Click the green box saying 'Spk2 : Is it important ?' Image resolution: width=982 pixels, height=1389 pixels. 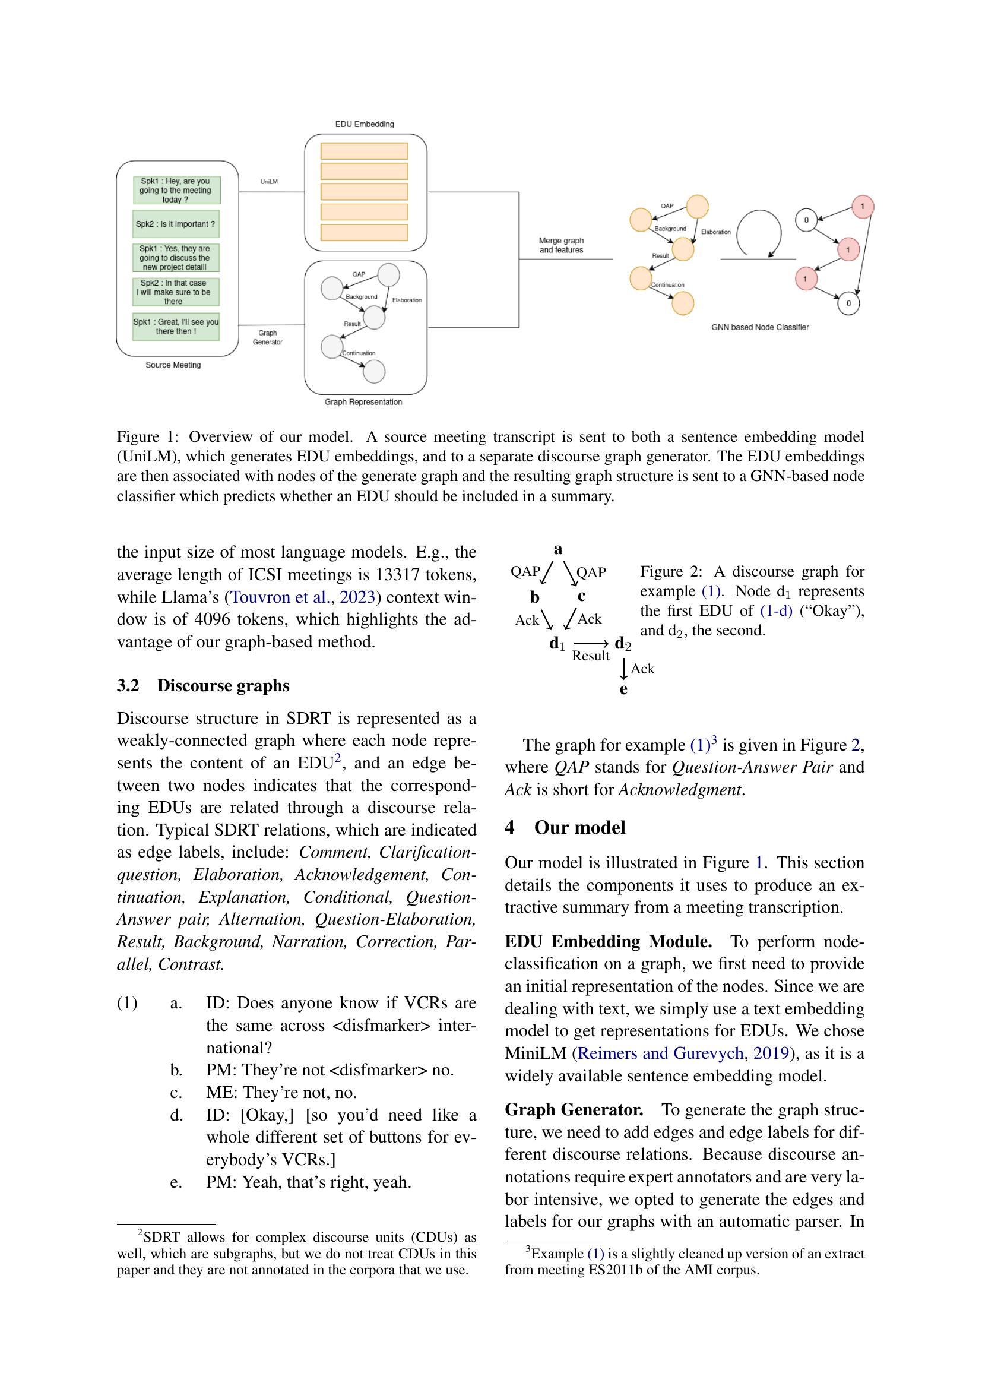(x=175, y=224)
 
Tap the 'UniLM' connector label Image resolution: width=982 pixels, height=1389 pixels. (x=269, y=182)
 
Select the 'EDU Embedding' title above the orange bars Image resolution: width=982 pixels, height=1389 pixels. (x=365, y=124)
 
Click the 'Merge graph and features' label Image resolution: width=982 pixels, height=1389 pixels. (x=561, y=245)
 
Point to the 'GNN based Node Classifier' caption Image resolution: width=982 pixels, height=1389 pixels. (x=759, y=327)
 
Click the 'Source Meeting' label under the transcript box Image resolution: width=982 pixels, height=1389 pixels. (x=173, y=365)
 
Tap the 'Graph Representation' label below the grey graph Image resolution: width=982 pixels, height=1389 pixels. (x=363, y=401)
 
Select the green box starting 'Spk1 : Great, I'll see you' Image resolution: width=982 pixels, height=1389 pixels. (x=175, y=327)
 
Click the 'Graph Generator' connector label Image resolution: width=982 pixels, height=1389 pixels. (x=267, y=337)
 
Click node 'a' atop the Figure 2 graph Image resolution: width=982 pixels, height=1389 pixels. (x=557, y=549)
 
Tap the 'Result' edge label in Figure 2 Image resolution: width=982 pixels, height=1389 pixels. (x=590, y=656)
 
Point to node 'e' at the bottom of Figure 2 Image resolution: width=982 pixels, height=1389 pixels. (x=623, y=689)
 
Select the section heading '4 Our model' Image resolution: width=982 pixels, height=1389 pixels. (x=565, y=827)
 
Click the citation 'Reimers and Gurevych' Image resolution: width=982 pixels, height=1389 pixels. (x=660, y=1053)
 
